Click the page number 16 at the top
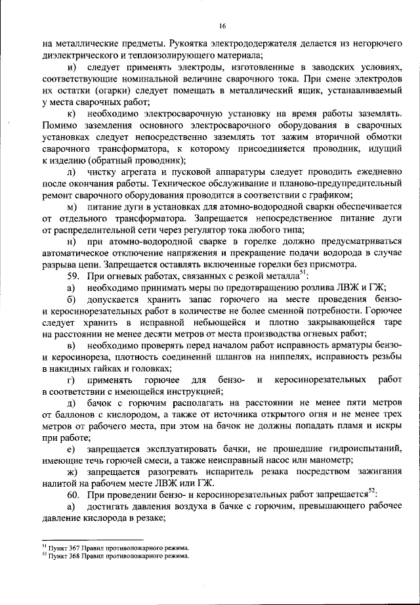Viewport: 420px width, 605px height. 222,26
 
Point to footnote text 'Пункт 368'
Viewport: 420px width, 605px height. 62,555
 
